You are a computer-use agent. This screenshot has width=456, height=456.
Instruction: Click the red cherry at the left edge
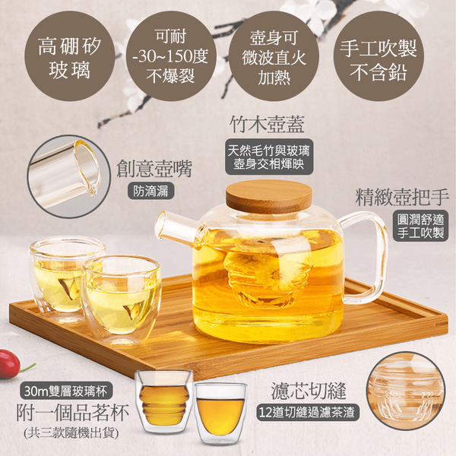click(9, 363)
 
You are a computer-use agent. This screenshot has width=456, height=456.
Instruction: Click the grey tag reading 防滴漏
click(151, 191)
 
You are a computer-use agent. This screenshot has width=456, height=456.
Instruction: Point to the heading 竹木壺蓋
click(267, 125)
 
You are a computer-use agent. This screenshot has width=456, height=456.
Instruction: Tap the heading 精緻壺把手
click(402, 197)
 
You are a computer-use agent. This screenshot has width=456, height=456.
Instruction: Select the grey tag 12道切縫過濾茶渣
click(308, 412)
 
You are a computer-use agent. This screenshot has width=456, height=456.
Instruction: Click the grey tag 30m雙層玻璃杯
click(65, 391)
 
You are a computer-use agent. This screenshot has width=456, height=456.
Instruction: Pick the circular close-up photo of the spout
click(69, 176)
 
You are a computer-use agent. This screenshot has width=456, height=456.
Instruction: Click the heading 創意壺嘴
click(154, 169)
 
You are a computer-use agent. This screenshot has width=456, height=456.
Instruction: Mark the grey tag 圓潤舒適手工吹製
click(420, 226)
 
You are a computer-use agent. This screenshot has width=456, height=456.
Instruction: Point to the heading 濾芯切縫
click(309, 391)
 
